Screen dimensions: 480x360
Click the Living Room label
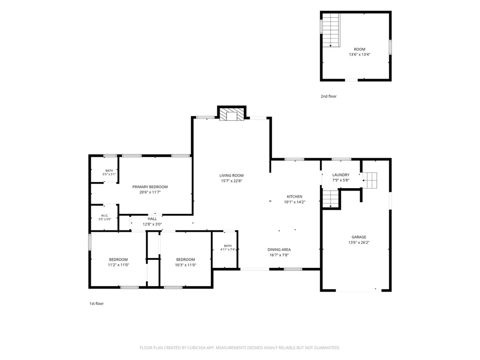(x=231, y=176)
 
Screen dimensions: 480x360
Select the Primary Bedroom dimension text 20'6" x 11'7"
(x=150, y=192)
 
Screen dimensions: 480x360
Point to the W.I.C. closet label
(x=105, y=215)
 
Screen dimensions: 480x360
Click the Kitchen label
(x=295, y=197)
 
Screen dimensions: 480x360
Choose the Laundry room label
(x=341, y=175)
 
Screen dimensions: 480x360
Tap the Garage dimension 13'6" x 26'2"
(x=359, y=242)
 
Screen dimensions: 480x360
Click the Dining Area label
(x=279, y=250)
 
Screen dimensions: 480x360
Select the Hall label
(x=152, y=219)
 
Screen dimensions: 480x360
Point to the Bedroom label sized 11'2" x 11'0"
(x=118, y=260)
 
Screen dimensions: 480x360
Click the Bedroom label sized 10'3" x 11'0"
(x=185, y=260)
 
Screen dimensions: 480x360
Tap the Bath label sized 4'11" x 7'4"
(x=228, y=246)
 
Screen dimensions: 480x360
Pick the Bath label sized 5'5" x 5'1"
(x=109, y=171)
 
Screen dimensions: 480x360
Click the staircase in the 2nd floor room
(x=331, y=30)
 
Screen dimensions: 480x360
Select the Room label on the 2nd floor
(x=360, y=49)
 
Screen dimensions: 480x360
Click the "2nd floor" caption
(x=328, y=96)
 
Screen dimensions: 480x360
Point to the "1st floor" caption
(x=96, y=304)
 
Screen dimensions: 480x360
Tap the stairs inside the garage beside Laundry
(x=370, y=180)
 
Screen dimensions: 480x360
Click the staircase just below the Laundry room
(x=330, y=198)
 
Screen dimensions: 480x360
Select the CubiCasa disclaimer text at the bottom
(x=240, y=348)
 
